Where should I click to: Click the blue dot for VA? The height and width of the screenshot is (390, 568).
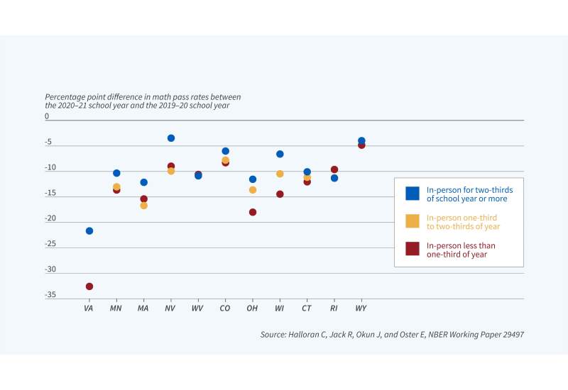point(89,231)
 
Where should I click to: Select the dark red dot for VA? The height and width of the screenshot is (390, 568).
point(89,286)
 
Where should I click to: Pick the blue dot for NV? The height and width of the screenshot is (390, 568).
point(171,138)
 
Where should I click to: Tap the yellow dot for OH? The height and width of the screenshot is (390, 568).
point(253,190)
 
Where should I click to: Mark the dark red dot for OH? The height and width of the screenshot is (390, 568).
point(253,212)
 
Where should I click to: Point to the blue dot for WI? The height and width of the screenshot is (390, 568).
point(280,154)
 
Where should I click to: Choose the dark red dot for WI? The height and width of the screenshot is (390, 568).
point(280,194)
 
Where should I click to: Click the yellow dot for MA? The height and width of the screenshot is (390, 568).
point(144,206)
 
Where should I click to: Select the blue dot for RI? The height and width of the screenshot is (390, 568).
point(334,178)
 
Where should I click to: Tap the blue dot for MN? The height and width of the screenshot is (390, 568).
point(116,173)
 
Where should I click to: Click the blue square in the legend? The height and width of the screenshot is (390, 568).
point(412,194)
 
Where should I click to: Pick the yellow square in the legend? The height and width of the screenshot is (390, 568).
point(412,221)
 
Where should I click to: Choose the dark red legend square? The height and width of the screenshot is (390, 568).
point(412,249)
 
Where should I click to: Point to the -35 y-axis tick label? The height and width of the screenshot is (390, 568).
point(50,295)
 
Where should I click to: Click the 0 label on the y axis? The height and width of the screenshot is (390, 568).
point(47,116)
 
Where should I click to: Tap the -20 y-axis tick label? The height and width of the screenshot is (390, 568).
point(50,218)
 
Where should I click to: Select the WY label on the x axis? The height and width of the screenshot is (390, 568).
point(361,309)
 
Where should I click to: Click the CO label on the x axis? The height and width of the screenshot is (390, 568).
point(225,309)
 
